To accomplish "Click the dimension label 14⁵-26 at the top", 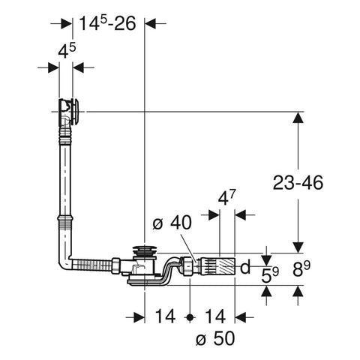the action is coord(107,23).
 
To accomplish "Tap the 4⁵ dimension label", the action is coord(67,51).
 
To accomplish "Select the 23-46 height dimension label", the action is coord(298,182).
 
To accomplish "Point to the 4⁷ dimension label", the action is coord(227,197).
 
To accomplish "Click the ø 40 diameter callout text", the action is coord(172,223).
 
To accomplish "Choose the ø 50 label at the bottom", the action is coord(215,338).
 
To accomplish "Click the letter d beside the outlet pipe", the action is coord(245,266).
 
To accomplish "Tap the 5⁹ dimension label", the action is coord(270,275).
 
